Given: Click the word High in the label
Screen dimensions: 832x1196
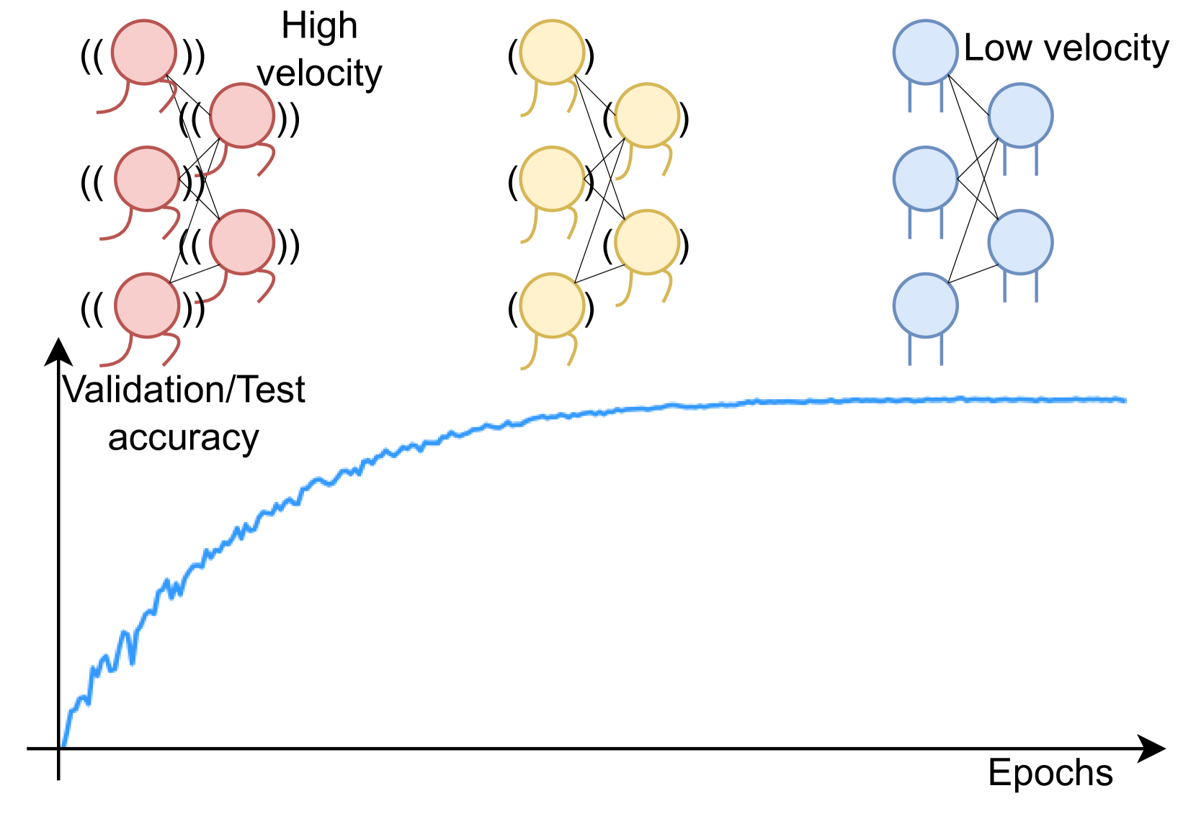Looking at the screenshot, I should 319,27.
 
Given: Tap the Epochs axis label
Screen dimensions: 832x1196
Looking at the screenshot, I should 1050,773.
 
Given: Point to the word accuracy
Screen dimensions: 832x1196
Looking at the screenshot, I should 183,438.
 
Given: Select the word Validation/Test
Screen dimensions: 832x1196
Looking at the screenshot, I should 184,390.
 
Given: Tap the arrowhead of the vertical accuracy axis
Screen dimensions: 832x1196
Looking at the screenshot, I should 58,352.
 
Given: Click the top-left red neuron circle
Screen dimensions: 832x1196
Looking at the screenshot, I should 145,52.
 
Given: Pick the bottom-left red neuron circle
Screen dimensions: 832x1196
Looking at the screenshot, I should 147,305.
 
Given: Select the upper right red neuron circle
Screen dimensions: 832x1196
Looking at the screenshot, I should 242,115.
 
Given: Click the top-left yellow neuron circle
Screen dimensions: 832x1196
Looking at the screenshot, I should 552,52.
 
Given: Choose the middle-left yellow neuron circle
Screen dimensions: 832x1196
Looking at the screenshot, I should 552,179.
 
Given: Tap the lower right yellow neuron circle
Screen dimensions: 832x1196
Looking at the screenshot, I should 647,242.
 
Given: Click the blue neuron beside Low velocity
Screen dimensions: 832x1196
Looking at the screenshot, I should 925,52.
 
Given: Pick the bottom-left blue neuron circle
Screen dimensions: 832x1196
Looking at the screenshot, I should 925,305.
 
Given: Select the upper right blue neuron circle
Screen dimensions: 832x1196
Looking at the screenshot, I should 1020,115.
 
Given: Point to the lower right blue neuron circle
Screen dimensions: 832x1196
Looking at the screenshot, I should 1020,242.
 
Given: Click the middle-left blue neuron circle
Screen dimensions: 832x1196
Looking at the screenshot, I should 925,179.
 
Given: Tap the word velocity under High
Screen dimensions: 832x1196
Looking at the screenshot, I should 319,73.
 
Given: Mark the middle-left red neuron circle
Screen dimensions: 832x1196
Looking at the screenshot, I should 147,179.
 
